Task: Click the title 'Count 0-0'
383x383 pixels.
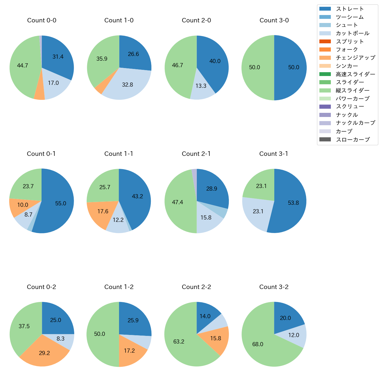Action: (x=42, y=20)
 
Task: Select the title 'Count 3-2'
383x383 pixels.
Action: (x=274, y=287)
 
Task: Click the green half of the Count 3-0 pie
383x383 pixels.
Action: (x=256, y=67)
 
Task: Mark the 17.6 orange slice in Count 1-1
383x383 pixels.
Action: (x=102, y=212)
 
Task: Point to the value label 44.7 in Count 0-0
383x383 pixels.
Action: (x=22, y=65)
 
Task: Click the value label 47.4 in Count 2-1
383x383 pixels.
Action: (x=178, y=202)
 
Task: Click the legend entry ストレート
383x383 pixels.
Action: (x=350, y=9)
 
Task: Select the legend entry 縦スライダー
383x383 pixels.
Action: (x=352, y=90)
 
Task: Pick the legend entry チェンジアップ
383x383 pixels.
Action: (x=355, y=58)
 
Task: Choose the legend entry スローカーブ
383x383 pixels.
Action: (x=353, y=139)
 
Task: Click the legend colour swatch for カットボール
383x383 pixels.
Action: (x=325, y=33)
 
